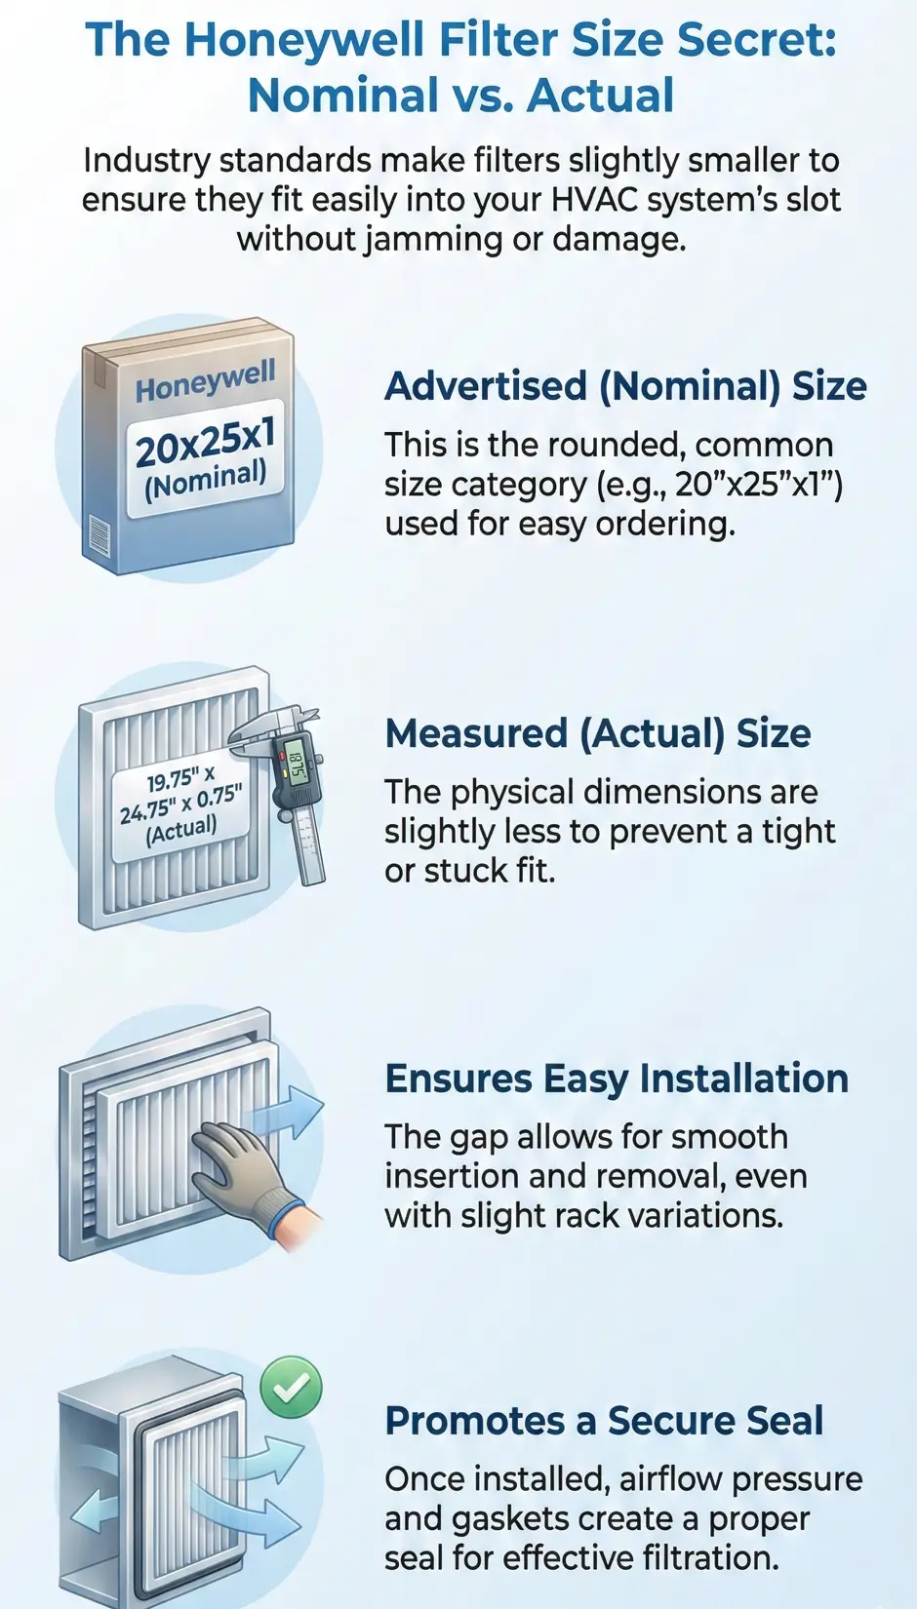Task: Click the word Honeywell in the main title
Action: [x=303, y=40]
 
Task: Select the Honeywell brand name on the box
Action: [x=205, y=380]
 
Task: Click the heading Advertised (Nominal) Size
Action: [x=625, y=387]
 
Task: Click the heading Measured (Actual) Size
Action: [x=598, y=734]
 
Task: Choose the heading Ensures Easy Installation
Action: [x=617, y=1079]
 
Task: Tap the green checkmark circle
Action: [x=291, y=1387]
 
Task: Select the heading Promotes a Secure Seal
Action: [x=604, y=1421]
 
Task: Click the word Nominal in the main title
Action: [x=343, y=96]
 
